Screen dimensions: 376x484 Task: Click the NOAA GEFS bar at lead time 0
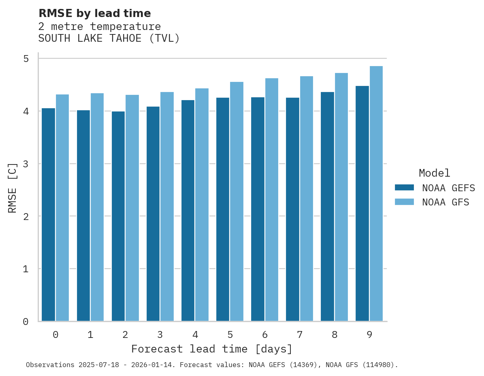[48, 215]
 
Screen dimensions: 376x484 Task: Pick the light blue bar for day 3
[167, 207]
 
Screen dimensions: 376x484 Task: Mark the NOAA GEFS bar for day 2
[118, 216]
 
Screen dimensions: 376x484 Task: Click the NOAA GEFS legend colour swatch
[404, 188]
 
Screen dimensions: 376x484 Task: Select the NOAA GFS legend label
[446, 202]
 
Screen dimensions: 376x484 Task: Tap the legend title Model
[434, 173]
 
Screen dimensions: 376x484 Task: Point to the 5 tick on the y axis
[26, 59]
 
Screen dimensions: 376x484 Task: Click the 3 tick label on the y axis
[26, 164]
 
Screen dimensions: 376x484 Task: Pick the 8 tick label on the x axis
[334, 335]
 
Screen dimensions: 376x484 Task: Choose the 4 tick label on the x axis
[195, 335]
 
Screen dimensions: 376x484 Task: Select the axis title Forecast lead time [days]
[211, 349]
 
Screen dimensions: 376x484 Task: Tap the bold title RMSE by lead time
[94, 13]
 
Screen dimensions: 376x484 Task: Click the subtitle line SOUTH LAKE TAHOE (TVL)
[109, 38]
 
